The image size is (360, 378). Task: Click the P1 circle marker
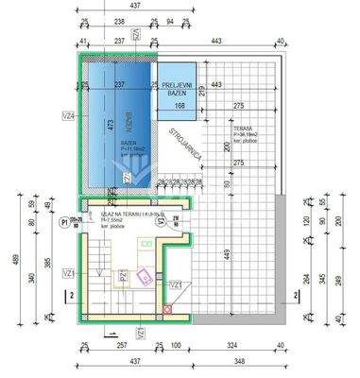coord(65,222)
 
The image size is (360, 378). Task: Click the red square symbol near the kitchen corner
coord(168,308)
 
